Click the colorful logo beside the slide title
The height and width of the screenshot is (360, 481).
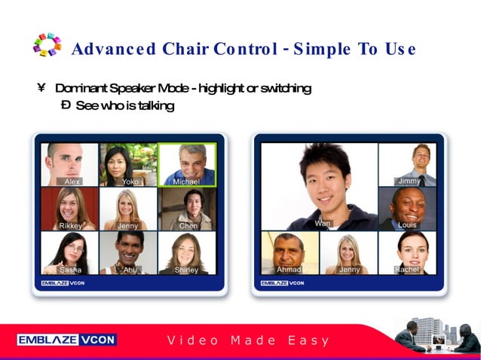47,44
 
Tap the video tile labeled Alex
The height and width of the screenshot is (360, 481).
69,164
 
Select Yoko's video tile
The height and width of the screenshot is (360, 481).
128,164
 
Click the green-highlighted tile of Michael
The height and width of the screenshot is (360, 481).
187,164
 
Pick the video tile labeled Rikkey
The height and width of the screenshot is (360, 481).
69,209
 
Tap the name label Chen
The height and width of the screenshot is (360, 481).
188,226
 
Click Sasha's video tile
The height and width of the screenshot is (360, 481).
69,252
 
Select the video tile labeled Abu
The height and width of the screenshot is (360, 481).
128,252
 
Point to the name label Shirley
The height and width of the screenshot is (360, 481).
187,270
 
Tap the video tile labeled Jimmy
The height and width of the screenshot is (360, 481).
408,164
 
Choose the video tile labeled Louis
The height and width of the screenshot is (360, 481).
408,209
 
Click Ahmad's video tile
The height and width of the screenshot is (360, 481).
290,252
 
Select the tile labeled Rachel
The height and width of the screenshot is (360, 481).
408,252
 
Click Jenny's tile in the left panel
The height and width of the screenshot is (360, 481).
128,209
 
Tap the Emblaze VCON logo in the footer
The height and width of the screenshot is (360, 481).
66,340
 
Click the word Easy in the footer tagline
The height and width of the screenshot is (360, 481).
309,340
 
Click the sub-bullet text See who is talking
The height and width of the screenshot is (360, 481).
124,106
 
